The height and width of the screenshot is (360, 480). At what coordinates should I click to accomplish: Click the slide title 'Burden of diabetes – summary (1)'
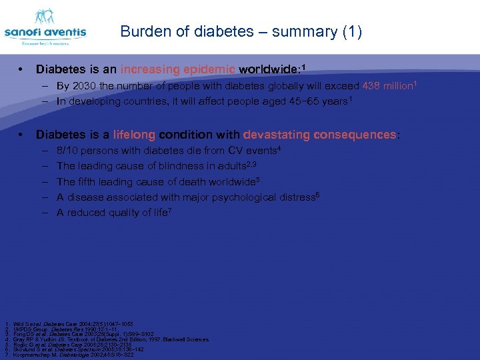[241, 32]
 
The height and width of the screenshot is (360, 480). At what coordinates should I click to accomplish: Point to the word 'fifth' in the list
[89, 181]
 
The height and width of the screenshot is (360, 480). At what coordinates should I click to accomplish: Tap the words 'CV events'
[251, 151]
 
